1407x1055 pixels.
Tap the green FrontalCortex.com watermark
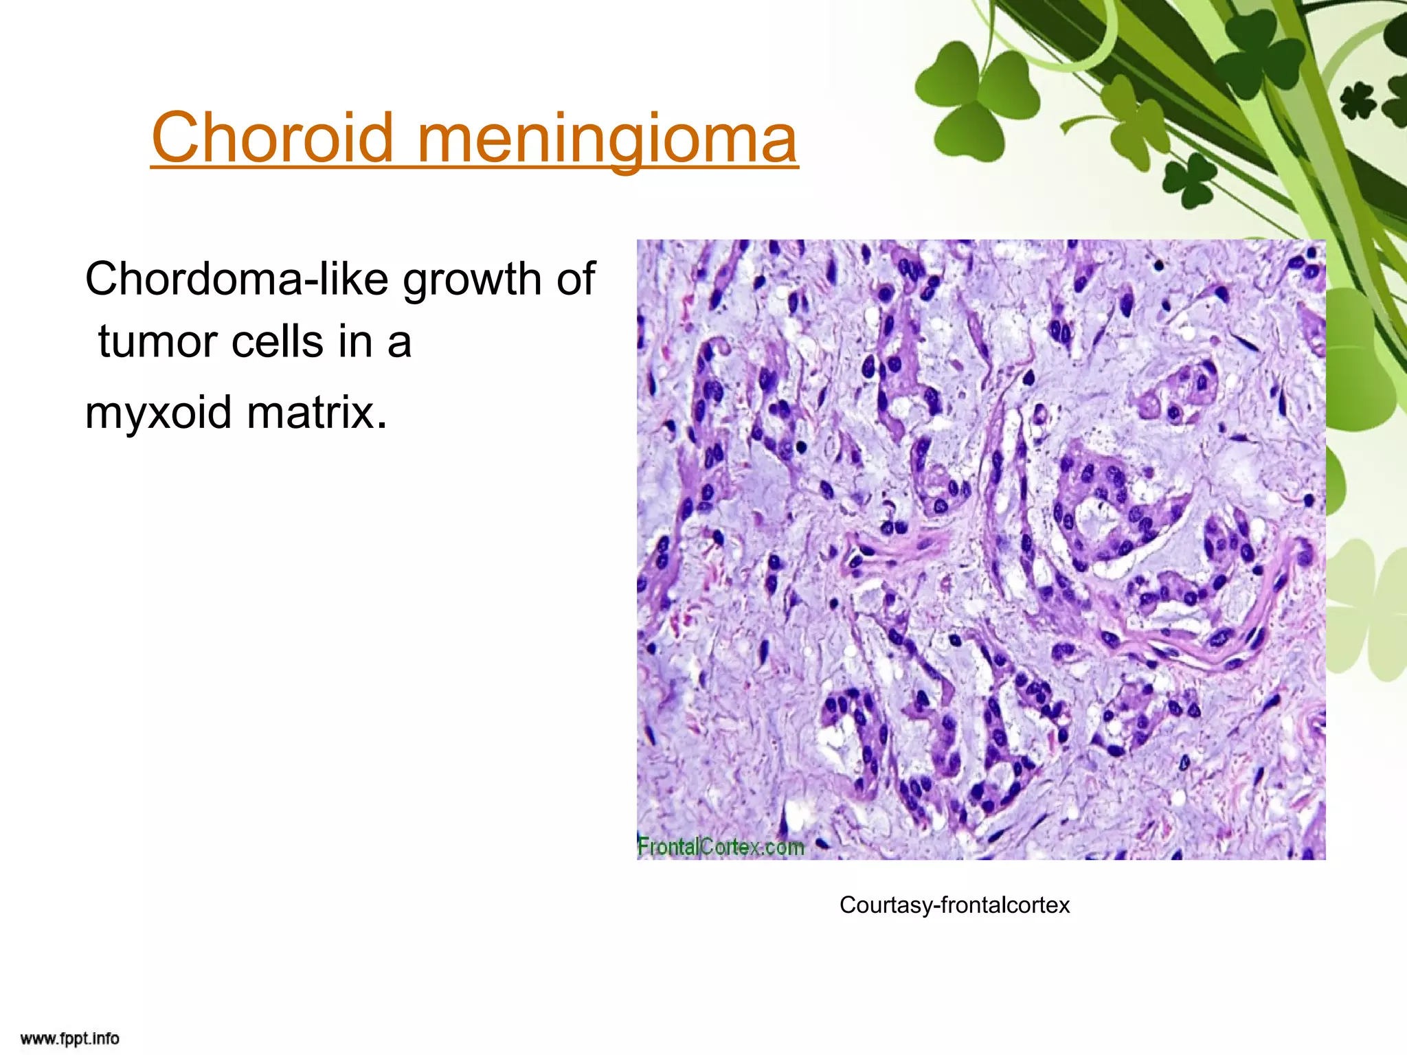point(720,846)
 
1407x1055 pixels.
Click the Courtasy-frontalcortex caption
point(954,905)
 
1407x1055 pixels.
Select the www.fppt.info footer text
point(69,1038)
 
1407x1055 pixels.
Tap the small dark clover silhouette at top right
point(1358,101)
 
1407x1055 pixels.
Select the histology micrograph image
point(980,549)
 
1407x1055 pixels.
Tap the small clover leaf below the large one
point(1190,180)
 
